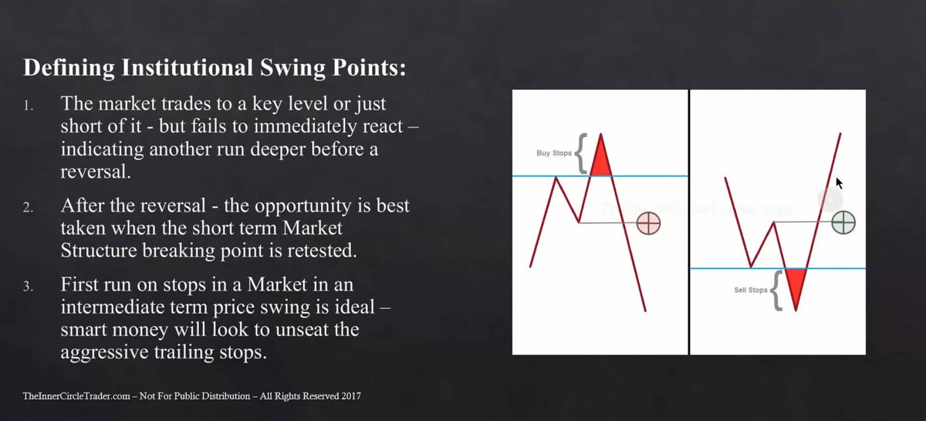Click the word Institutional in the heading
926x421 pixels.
(x=187, y=67)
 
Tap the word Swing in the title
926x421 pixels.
(x=292, y=68)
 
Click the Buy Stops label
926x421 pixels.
(x=554, y=153)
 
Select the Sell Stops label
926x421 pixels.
(x=751, y=290)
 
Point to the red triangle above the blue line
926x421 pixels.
(x=600, y=159)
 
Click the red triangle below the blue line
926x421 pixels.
(x=796, y=286)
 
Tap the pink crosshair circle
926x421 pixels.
(x=649, y=223)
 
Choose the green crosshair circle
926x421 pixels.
(x=843, y=222)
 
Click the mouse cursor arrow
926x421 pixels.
(x=840, y=183)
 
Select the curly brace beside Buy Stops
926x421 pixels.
(x=581, y=153)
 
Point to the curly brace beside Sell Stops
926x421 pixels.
(x=776, y=290)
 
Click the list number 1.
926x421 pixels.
(x=28, y=107)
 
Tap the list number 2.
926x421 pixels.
(x=28, y=207)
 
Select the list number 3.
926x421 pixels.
(x=28, y=287)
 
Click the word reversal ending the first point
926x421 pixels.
(x=96, y=171)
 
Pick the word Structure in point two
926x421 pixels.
(x=99, y=250)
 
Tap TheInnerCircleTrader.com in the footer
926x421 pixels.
(x=76, y=396)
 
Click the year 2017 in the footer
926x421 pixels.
(x=351, y=396)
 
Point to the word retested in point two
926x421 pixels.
(x=322, y=250)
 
